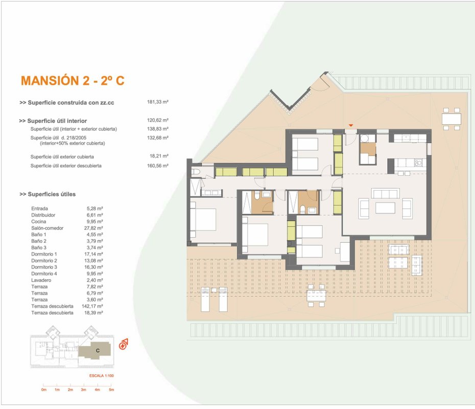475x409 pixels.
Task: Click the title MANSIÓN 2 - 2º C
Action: pos(73,81)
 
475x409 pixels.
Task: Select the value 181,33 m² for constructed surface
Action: pos(157,102)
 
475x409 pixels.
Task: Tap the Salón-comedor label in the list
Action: pos(47,228)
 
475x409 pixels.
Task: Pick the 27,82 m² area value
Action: pos(93,228)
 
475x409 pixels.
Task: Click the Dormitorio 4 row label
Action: pos(44,274)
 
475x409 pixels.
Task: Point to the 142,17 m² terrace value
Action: pos(92,306)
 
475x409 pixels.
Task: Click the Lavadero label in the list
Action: pos(41,280)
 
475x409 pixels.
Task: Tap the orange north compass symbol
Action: pos(123,345)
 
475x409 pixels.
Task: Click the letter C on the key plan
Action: pos(98,351)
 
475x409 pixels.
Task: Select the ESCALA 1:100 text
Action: pos(102,376)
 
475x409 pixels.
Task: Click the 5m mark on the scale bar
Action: pos(111,390)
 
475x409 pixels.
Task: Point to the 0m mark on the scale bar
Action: pos(44,390)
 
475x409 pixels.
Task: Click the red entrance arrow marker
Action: pos(351,125)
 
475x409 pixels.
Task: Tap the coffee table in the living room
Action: pos(385,208)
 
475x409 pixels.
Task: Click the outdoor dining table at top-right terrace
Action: pos(452,119)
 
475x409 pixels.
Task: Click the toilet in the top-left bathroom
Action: pos(196,172)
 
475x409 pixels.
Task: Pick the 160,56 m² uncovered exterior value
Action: pos(157,166)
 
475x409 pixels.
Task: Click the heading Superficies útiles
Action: pos(47,194)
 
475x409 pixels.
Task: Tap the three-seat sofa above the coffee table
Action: pos(385,193)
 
